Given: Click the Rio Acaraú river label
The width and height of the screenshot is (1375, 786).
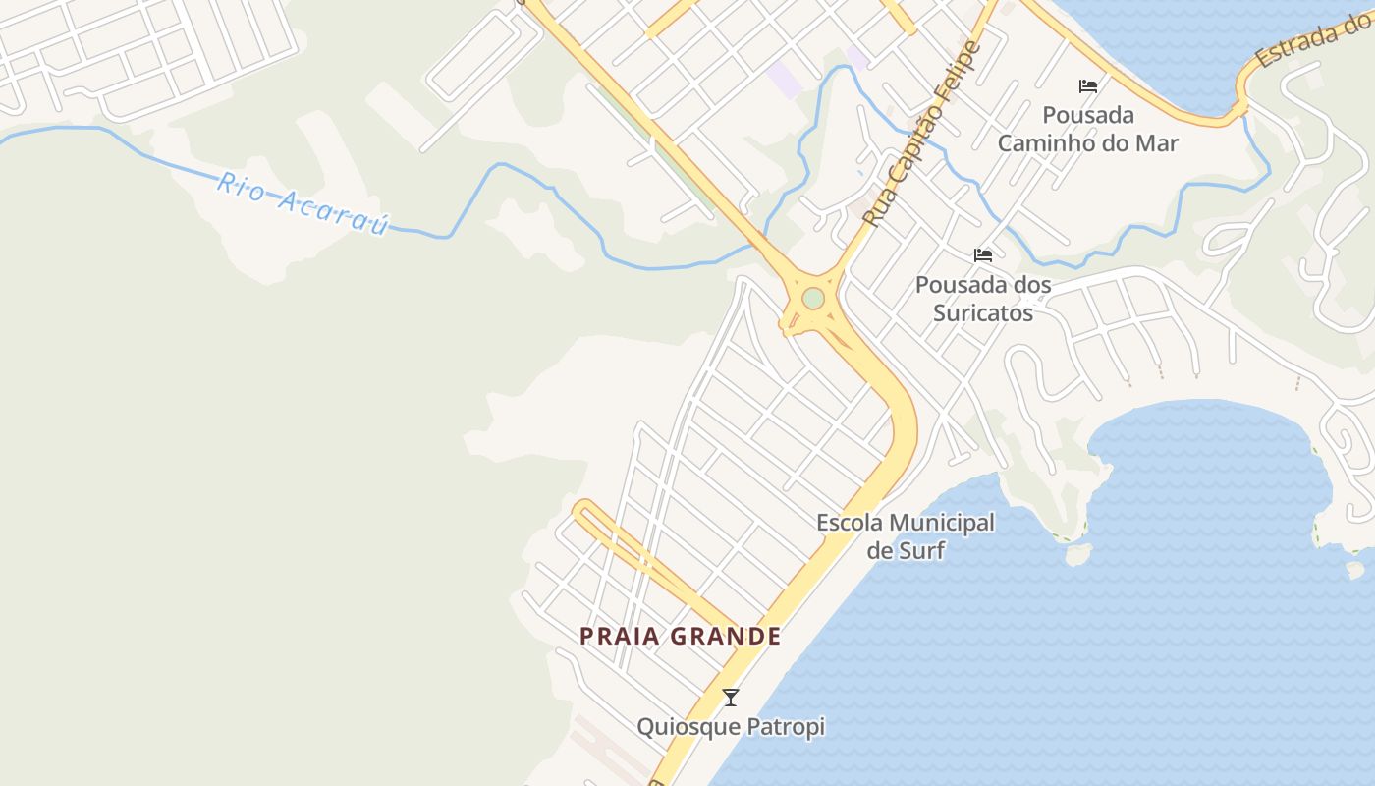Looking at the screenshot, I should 303,204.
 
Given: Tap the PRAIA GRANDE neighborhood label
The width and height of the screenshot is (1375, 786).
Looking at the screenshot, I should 680,637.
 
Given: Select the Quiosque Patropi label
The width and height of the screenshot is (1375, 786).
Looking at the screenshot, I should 731,727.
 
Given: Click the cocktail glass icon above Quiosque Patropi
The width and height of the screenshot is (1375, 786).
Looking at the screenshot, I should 730,698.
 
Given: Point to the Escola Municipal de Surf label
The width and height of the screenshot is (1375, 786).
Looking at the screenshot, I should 906,536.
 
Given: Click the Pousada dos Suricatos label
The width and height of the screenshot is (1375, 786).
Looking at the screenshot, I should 983,299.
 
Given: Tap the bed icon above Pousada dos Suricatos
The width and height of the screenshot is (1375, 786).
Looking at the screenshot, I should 983,255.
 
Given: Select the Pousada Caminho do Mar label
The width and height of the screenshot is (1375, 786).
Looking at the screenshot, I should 1088,129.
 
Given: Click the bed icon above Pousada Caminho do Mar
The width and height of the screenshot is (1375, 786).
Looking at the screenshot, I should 1088,86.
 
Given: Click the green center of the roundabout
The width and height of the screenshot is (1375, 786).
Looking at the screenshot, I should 812,298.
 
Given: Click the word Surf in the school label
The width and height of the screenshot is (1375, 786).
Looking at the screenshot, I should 921,550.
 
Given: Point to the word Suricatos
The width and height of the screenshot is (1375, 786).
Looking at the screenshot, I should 983,313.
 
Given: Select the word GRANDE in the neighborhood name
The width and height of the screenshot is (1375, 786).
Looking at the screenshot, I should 726,637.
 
